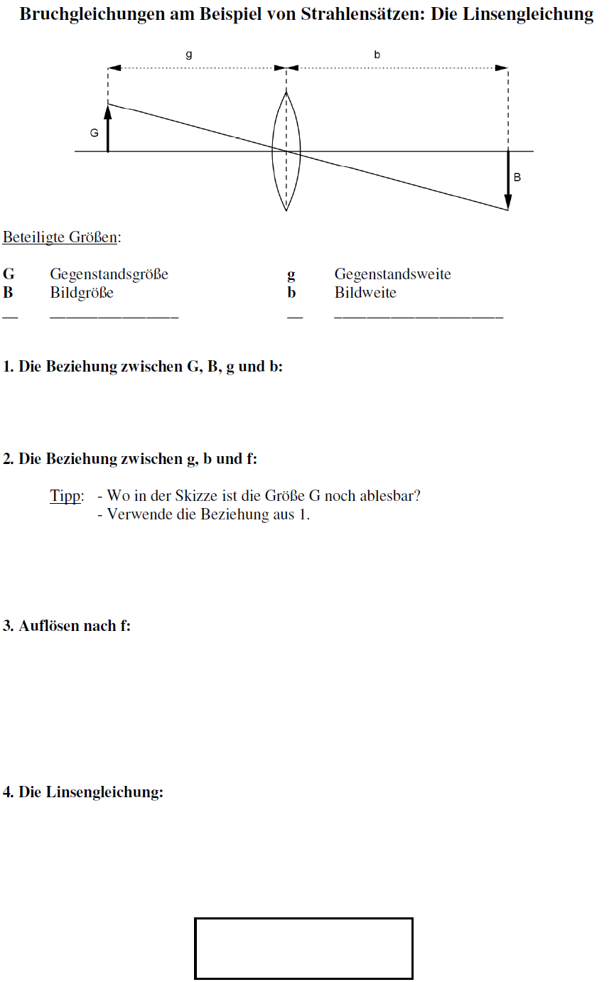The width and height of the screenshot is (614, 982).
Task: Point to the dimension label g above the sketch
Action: (188, 54)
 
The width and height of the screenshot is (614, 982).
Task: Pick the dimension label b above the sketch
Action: (377, 54)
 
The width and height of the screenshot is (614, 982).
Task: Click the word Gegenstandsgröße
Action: (109, 275)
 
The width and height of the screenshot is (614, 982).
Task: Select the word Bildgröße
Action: (82, 293)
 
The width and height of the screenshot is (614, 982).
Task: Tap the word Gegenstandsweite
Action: (392, 275)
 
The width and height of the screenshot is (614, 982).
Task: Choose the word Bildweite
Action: (365, 293)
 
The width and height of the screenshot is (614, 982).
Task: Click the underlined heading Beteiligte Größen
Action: (61, 237)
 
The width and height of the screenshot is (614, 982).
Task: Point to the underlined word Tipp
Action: (66, 496)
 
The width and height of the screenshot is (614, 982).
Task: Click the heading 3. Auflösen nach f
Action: (67, 626)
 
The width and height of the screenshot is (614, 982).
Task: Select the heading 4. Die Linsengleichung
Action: (83, 792)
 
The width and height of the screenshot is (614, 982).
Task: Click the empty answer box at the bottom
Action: (303, 948)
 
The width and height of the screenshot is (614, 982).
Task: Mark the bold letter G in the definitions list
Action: (9, 275)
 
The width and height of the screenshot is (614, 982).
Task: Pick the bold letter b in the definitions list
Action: (291, 293)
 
